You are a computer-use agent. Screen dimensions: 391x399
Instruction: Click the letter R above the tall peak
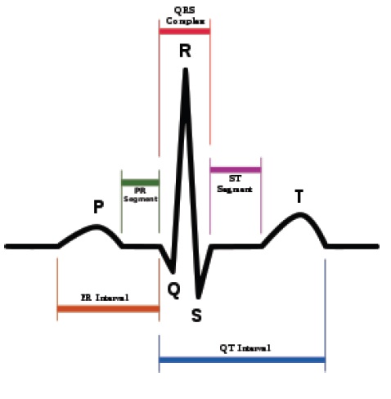click(185, 51)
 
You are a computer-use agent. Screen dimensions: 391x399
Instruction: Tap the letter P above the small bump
click(98, 207)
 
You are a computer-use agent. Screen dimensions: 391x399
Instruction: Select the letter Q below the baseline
click(173, 290)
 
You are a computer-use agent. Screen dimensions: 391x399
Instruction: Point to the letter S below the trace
click(196, 316)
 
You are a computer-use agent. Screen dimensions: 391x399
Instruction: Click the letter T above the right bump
click(299, 196)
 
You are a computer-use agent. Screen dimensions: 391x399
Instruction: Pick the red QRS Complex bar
click(185, 31)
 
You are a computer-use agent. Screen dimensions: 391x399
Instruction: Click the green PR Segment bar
click(141, 182)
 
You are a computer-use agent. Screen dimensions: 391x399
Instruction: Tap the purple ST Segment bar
click(236, 170)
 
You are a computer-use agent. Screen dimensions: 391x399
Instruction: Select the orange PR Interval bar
click(108, 309)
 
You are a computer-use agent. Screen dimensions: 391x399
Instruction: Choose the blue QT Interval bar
click(242, 360)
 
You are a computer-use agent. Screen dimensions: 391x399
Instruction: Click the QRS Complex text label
click(185, 16)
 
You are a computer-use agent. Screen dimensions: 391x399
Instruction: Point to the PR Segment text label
click(141, 195)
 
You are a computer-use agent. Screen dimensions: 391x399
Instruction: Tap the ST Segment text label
click(235, 184)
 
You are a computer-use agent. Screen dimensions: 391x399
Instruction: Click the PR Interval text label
click(105, 298)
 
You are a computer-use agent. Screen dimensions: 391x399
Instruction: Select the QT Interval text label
click(245, 348)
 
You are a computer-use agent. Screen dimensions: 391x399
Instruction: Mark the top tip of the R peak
click(186, 69)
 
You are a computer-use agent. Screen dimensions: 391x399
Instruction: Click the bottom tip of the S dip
click(199, 298)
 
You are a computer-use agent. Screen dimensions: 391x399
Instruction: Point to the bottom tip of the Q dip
click(173, 272)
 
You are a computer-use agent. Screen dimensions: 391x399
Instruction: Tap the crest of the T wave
click(300, 215)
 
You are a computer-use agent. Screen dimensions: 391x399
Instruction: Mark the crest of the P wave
click(96, 226)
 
